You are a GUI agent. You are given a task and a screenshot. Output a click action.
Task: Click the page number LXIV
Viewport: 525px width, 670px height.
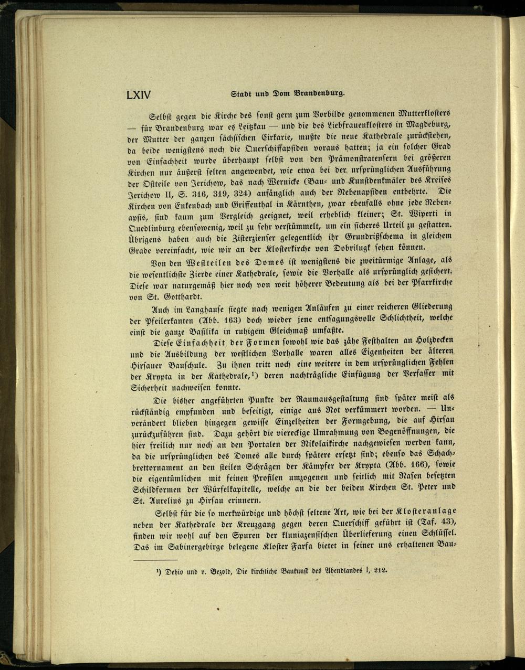tap(139, 95)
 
